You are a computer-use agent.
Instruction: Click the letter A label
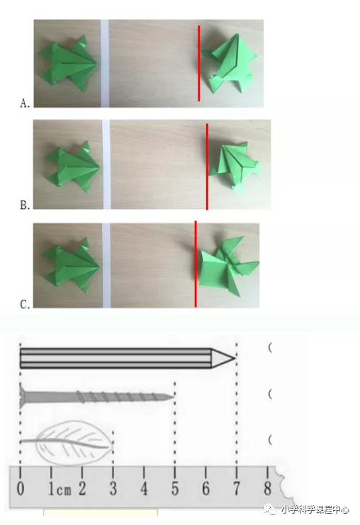25,103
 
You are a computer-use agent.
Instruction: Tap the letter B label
25,205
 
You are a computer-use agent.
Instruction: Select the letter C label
25,305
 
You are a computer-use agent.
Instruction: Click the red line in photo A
199,63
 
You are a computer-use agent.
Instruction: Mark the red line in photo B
207,166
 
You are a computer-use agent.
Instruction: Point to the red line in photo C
196,264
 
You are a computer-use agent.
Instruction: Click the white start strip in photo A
105,63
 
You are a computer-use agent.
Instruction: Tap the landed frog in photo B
235,166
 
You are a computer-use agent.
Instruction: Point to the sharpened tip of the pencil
235,358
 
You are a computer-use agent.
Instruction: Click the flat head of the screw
22,396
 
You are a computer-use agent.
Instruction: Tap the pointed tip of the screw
173,397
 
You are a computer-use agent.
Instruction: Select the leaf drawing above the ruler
67,443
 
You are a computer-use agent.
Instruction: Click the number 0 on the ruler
21,488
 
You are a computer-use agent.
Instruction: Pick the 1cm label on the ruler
60,489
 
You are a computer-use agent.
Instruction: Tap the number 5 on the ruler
175,488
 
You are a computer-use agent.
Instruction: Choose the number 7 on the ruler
237,488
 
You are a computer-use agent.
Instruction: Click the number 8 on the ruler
267,488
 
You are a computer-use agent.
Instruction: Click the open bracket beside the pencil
270,348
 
